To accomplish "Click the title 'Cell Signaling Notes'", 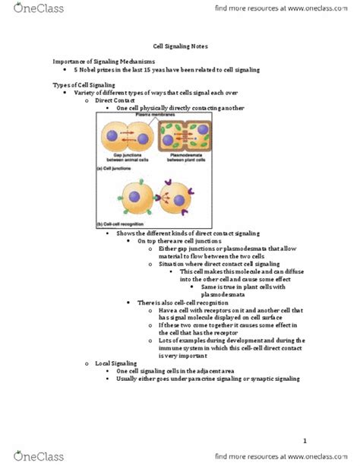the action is [179, 46].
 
